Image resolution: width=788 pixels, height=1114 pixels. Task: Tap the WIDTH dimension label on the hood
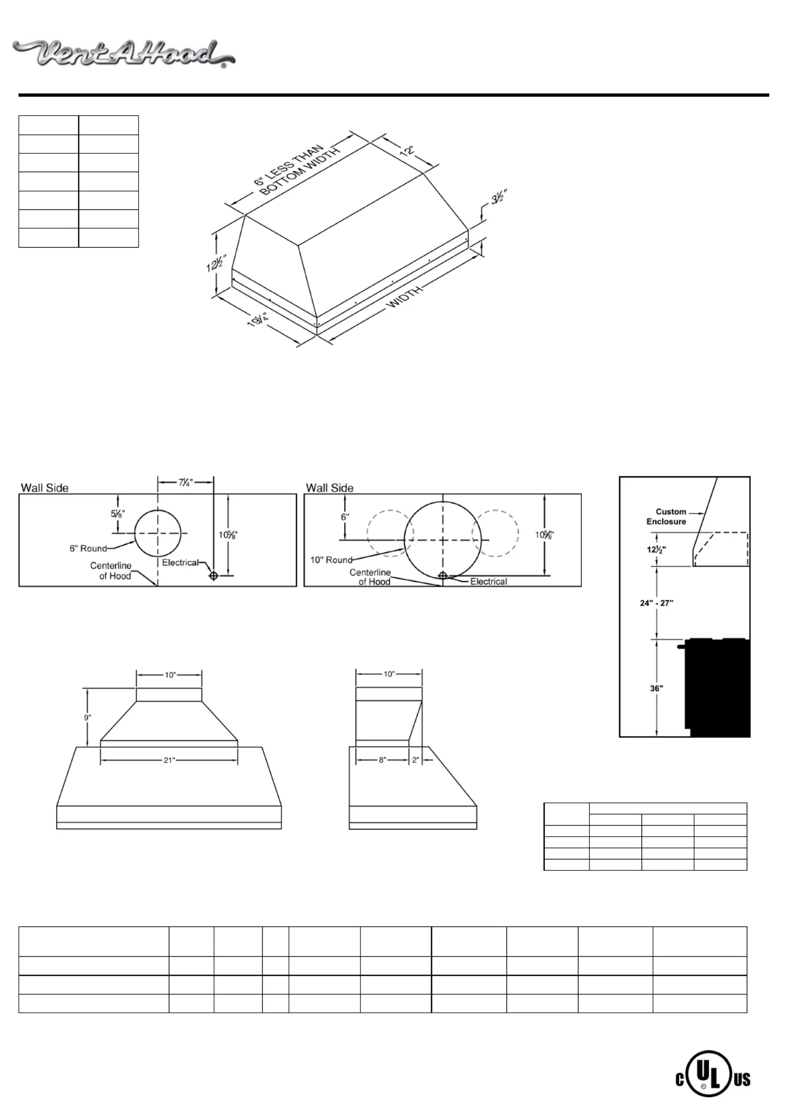405,296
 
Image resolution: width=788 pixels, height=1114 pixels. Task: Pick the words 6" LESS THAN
288,165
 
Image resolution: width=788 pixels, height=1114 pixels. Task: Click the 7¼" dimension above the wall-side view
185,482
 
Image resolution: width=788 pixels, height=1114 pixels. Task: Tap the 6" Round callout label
88,548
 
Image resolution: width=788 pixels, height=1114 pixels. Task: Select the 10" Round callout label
331,560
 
